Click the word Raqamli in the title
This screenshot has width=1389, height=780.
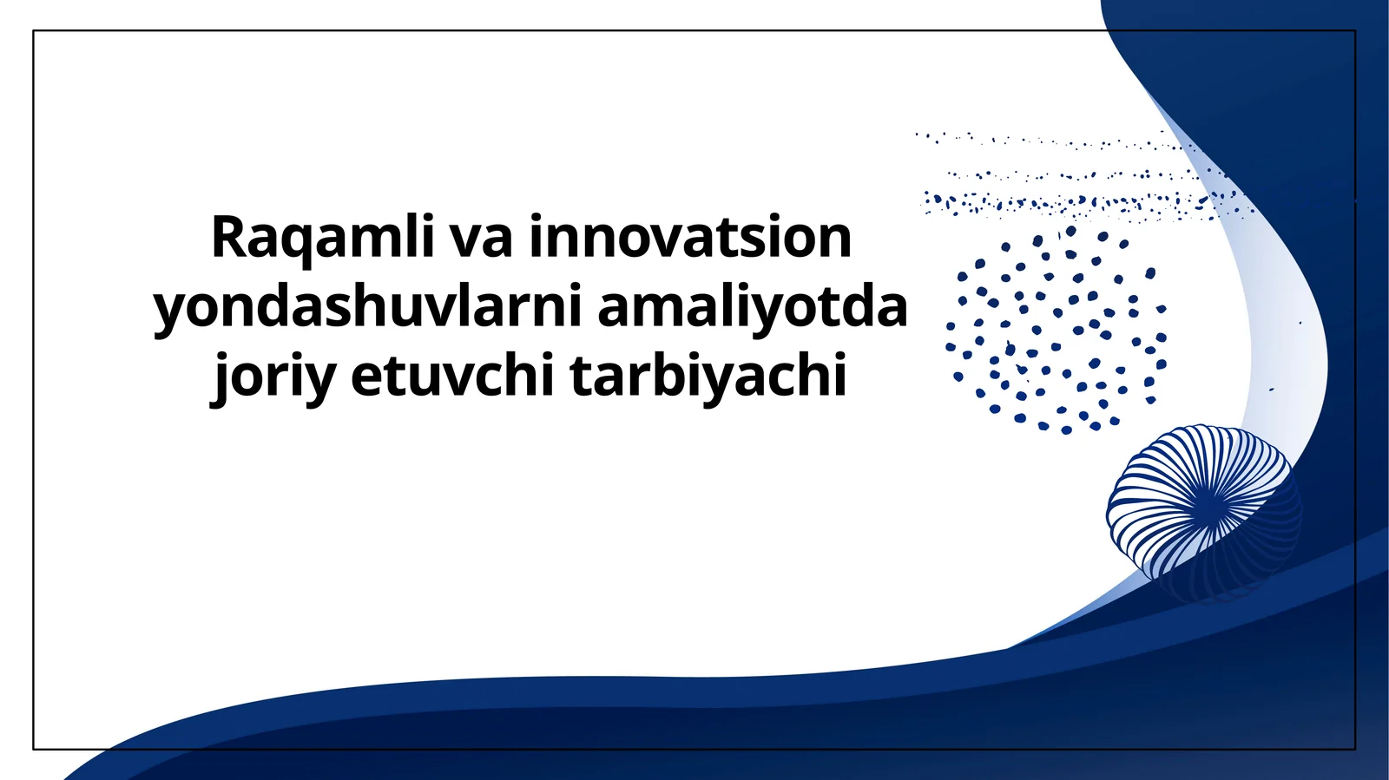click(x=322, y=238)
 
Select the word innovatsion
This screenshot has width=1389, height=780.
click(x=690, y=238)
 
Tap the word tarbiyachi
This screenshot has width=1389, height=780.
click(x=708, y=377)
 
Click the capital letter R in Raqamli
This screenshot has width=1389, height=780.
click(x=227, y=238)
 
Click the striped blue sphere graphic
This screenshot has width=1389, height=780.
click(x=1202, y=512)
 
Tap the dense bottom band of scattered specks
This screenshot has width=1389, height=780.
click(x=1085, y=205)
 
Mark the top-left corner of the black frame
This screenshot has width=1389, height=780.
click(x=34, y=31)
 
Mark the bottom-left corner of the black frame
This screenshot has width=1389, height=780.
click(x=34, y=749)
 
